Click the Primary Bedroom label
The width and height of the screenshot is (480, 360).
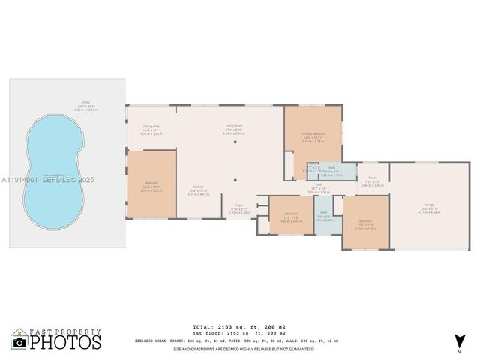pos(313,133)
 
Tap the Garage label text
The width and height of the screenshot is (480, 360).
pos(430,204)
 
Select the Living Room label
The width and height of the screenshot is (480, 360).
pos(235,126)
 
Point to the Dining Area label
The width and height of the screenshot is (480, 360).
pos(151,126)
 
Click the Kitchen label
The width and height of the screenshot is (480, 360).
pos(198,187)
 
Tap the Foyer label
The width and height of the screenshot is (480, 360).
pos(239,204)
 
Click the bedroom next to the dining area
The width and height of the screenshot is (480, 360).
pos(151,184)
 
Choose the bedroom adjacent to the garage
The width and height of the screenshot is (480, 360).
pos(365,223)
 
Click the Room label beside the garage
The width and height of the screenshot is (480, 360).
pos(372,178)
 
